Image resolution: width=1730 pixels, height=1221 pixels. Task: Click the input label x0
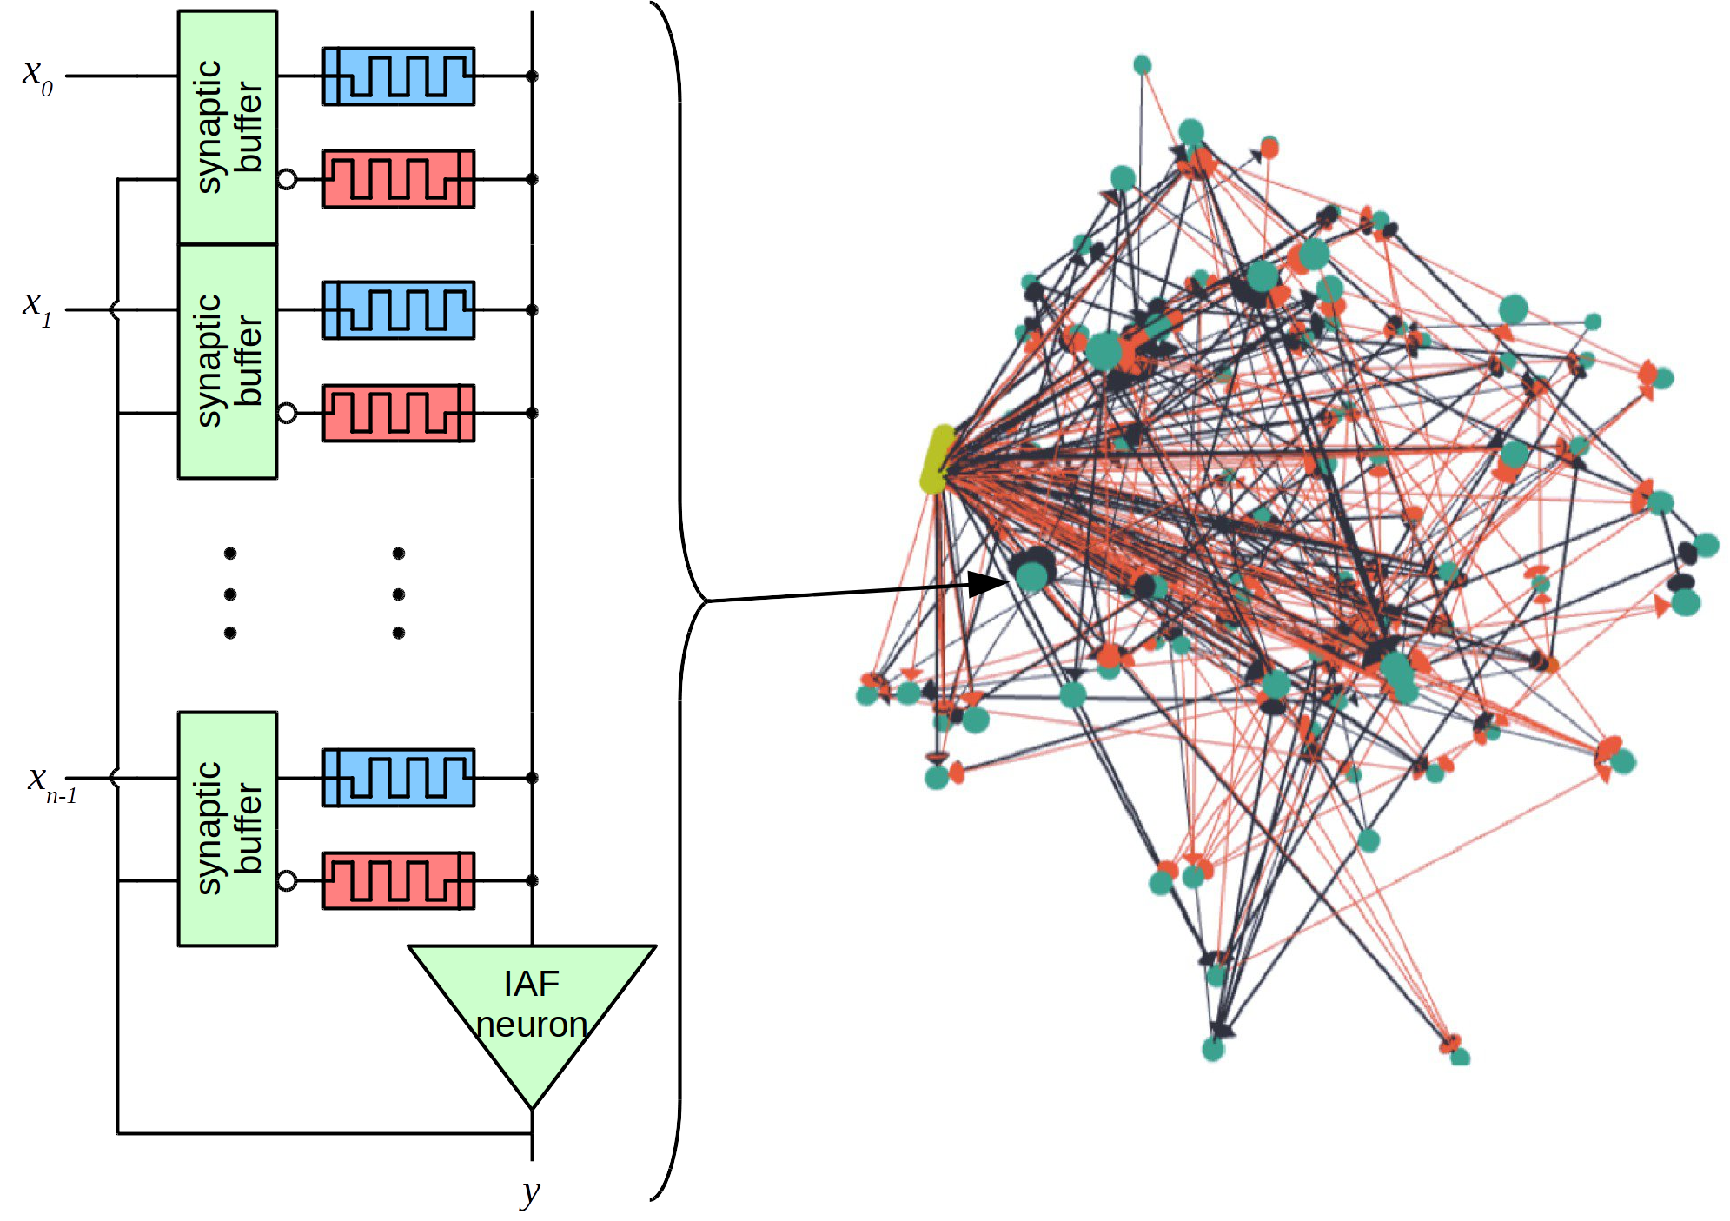click(x=37, y=76)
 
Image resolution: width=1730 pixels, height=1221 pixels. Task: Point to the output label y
click(x=530, y=1192)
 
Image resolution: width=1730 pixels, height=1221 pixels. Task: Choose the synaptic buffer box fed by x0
click(x=228, y=127)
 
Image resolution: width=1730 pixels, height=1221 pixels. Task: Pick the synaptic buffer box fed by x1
click(x=228, y=361)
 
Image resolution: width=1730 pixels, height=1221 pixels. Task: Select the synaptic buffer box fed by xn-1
click(x=228, y=828)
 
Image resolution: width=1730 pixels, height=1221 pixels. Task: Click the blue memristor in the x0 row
click(x=399, y=76)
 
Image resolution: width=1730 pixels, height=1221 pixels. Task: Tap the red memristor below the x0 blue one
click(x=399, y=179)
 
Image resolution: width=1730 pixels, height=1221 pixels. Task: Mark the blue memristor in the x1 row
click(x=399, y=309)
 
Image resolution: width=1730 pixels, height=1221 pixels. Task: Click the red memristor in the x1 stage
click(x=399, y=413)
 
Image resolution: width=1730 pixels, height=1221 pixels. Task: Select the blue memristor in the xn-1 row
click(x=399, y=778)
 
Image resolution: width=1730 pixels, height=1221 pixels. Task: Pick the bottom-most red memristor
click(x=399, y=880)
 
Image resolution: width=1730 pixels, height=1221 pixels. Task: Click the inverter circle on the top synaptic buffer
click(x=287, y=180)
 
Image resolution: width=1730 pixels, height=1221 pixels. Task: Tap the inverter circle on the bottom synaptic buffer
click(x=287, y=881)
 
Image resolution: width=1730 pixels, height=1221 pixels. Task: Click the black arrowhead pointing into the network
click(x=988, y=583)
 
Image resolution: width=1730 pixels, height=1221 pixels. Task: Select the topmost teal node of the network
click(x=1143, y=64)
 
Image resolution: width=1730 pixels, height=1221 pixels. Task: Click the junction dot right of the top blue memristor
click(x=532, y=76)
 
